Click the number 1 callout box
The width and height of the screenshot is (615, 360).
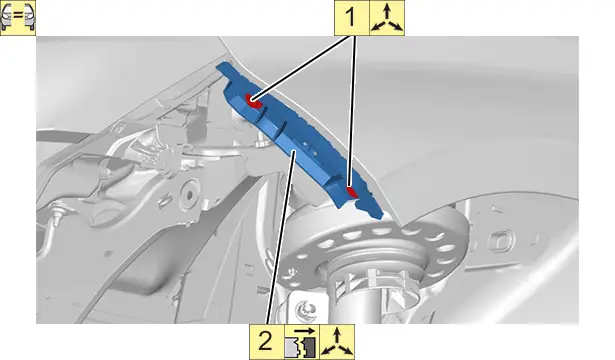point(351,18)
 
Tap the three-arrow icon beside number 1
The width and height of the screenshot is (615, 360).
point(387,18)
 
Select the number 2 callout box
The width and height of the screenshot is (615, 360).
point(267,342)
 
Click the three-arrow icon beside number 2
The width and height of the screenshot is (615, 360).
point(337,342)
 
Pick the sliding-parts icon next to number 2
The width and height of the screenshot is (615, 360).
point(302,342)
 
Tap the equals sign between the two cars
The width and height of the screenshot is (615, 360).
point(18,17)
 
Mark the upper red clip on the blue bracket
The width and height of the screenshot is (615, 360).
point(253,100)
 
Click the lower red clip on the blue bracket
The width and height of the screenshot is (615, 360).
point(353,191)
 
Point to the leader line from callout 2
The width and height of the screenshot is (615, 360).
point(281,238)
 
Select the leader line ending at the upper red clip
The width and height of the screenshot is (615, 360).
point(301,68)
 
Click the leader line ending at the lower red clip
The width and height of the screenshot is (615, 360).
point(353,111)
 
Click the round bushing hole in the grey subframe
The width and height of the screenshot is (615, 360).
point(189,195)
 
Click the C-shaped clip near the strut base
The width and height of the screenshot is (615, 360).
point(306,310)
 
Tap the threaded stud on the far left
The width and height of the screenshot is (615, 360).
point(59,213)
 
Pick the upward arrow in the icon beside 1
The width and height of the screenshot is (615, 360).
point(387,11)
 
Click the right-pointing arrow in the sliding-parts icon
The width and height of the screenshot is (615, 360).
point(304,330)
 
